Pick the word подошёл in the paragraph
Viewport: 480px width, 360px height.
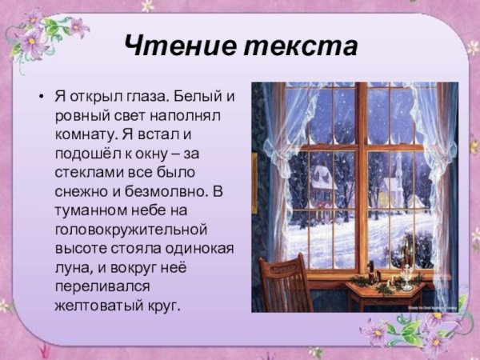click(86, 154)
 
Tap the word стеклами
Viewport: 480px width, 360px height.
click(86, 173)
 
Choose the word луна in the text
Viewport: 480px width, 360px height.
click(70, 268)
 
